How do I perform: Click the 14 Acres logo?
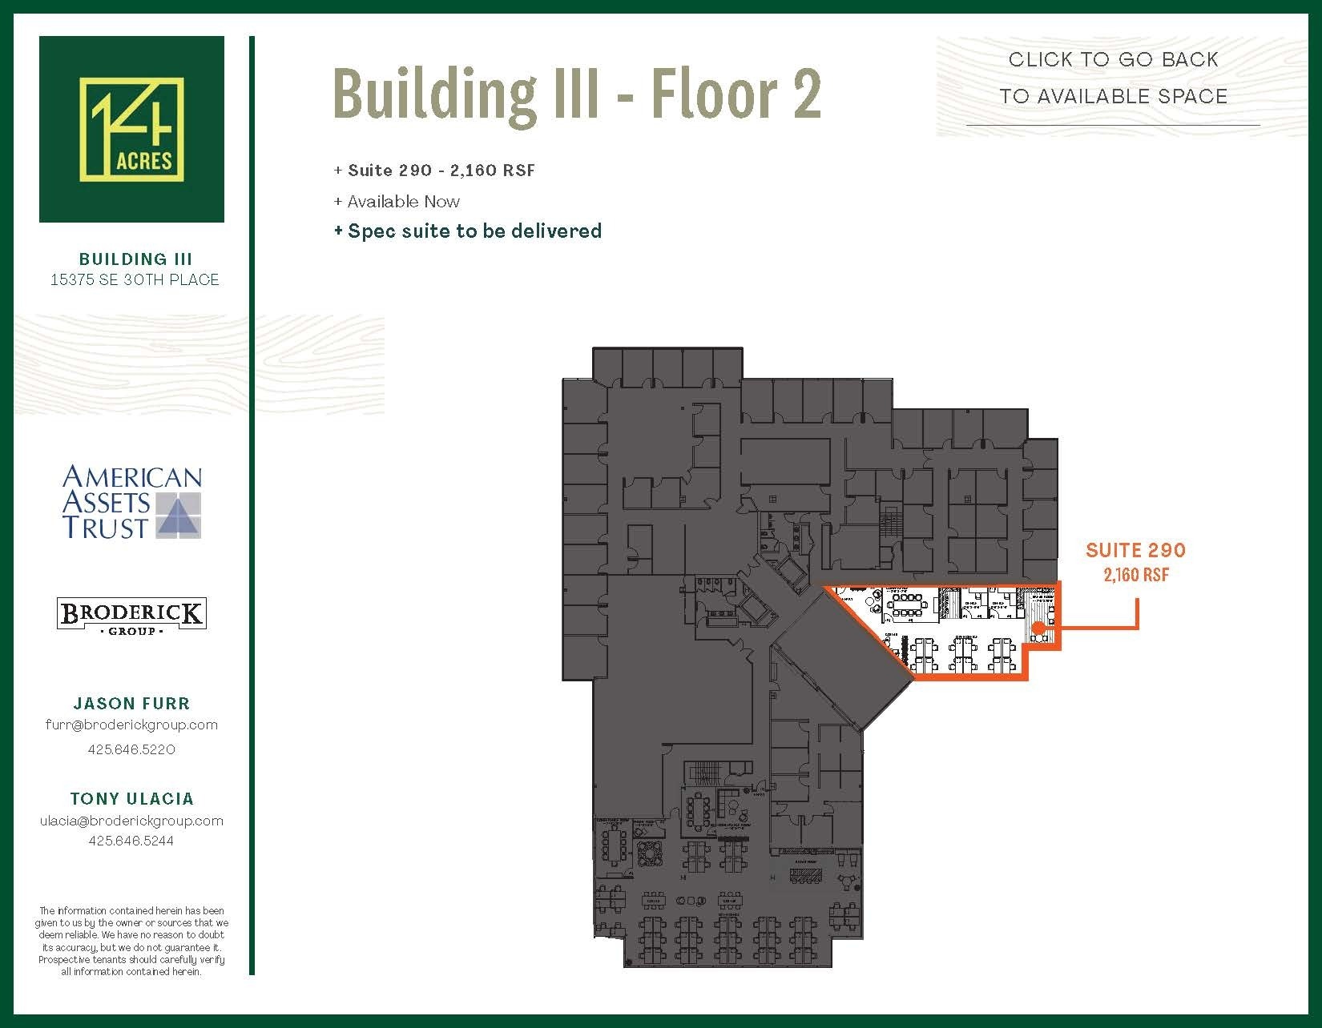[x=131, y=129]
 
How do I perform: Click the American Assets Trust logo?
[x=132, y=502]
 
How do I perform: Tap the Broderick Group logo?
[x=131, y=616]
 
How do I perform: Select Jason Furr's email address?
[x=131, y=725]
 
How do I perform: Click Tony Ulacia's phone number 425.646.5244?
[x=131, y=841]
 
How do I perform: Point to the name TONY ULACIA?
[x=131, y=798]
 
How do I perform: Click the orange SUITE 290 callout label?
[x=1135, y=550]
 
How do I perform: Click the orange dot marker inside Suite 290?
[x=1037, y=628]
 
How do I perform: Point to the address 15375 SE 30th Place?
[x=135, y=279]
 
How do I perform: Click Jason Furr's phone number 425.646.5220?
[x=131, y=749]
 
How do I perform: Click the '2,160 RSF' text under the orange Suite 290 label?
[x=1135, y=575]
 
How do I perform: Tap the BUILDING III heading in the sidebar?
[x=135, y=259]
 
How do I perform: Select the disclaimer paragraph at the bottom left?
[x=131, y=941]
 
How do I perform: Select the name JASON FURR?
[x=131, y=703]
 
